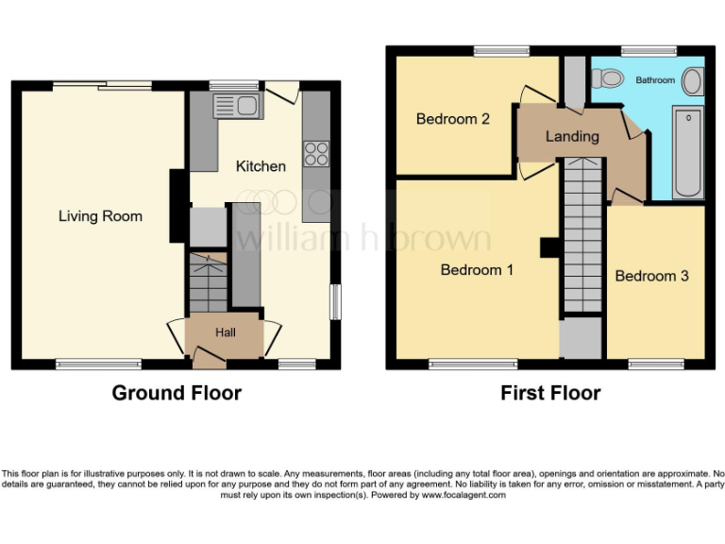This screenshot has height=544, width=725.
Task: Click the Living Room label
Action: click(x=100, y=216)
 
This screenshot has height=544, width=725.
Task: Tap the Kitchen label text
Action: click(x=261, y=166)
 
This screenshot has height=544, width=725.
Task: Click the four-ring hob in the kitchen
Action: click(x=315, y=153)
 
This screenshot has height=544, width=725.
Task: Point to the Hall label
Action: click(x=225, y=332)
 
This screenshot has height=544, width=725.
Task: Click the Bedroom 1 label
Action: click(x=477, y=270)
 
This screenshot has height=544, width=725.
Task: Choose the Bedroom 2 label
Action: click(x=452, y=119)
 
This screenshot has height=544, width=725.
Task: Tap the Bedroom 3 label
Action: click(x=651, y=276)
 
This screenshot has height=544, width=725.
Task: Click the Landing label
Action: click(x=572, y=136)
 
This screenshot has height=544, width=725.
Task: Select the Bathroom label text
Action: click(x=654, y=80)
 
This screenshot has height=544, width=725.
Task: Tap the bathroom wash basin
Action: click(x=692, y=81)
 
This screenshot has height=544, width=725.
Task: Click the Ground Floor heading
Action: click(x=177, y=393)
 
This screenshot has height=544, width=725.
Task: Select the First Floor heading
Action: click(x=550, y=393)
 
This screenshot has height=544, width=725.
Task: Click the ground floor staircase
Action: click(x=207, y=281)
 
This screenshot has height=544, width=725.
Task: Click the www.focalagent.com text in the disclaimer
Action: click(x=464, y=495)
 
